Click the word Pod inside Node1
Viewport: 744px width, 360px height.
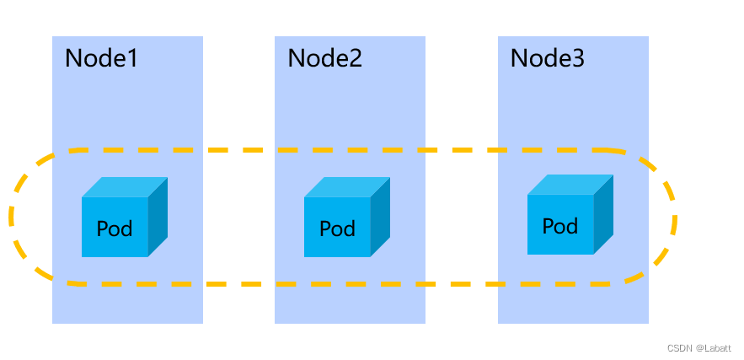point(115,228)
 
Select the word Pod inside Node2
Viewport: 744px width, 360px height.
point(337,228)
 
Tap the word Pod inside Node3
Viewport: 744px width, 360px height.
point(560,226)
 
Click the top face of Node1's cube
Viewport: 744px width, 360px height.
point(125,187)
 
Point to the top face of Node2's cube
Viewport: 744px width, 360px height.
point(347,187)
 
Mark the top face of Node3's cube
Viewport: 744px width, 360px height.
point(570,185)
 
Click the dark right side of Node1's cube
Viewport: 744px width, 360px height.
point(158,218)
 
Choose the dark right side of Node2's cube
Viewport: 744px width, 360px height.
point(381,218)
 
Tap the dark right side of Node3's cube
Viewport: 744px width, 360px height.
point(603,215)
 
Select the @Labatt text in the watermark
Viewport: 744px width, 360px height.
point(713,348)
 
